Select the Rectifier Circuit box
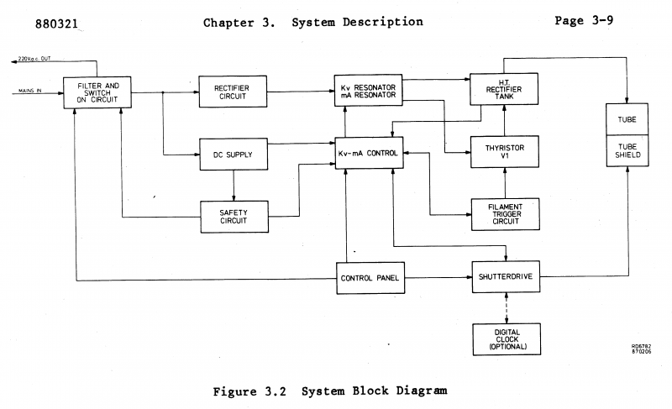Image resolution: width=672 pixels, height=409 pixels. pos(233,92)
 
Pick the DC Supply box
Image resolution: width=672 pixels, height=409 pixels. pos(233,154)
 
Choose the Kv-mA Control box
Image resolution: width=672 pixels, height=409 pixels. pos(370,154)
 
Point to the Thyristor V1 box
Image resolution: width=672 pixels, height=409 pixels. pos(505,152)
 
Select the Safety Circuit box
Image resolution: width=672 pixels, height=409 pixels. pos(233,216)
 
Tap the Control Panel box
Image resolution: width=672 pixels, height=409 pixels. pos(370,277)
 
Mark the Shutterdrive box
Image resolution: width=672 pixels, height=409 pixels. pos(505,276)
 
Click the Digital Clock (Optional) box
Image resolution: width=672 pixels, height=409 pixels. pos(505,338)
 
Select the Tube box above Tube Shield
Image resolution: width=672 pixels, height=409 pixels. pos(627,119)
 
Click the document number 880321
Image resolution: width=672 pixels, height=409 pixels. pos(58,24)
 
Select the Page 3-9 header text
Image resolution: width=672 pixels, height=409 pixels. pos(584,22)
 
